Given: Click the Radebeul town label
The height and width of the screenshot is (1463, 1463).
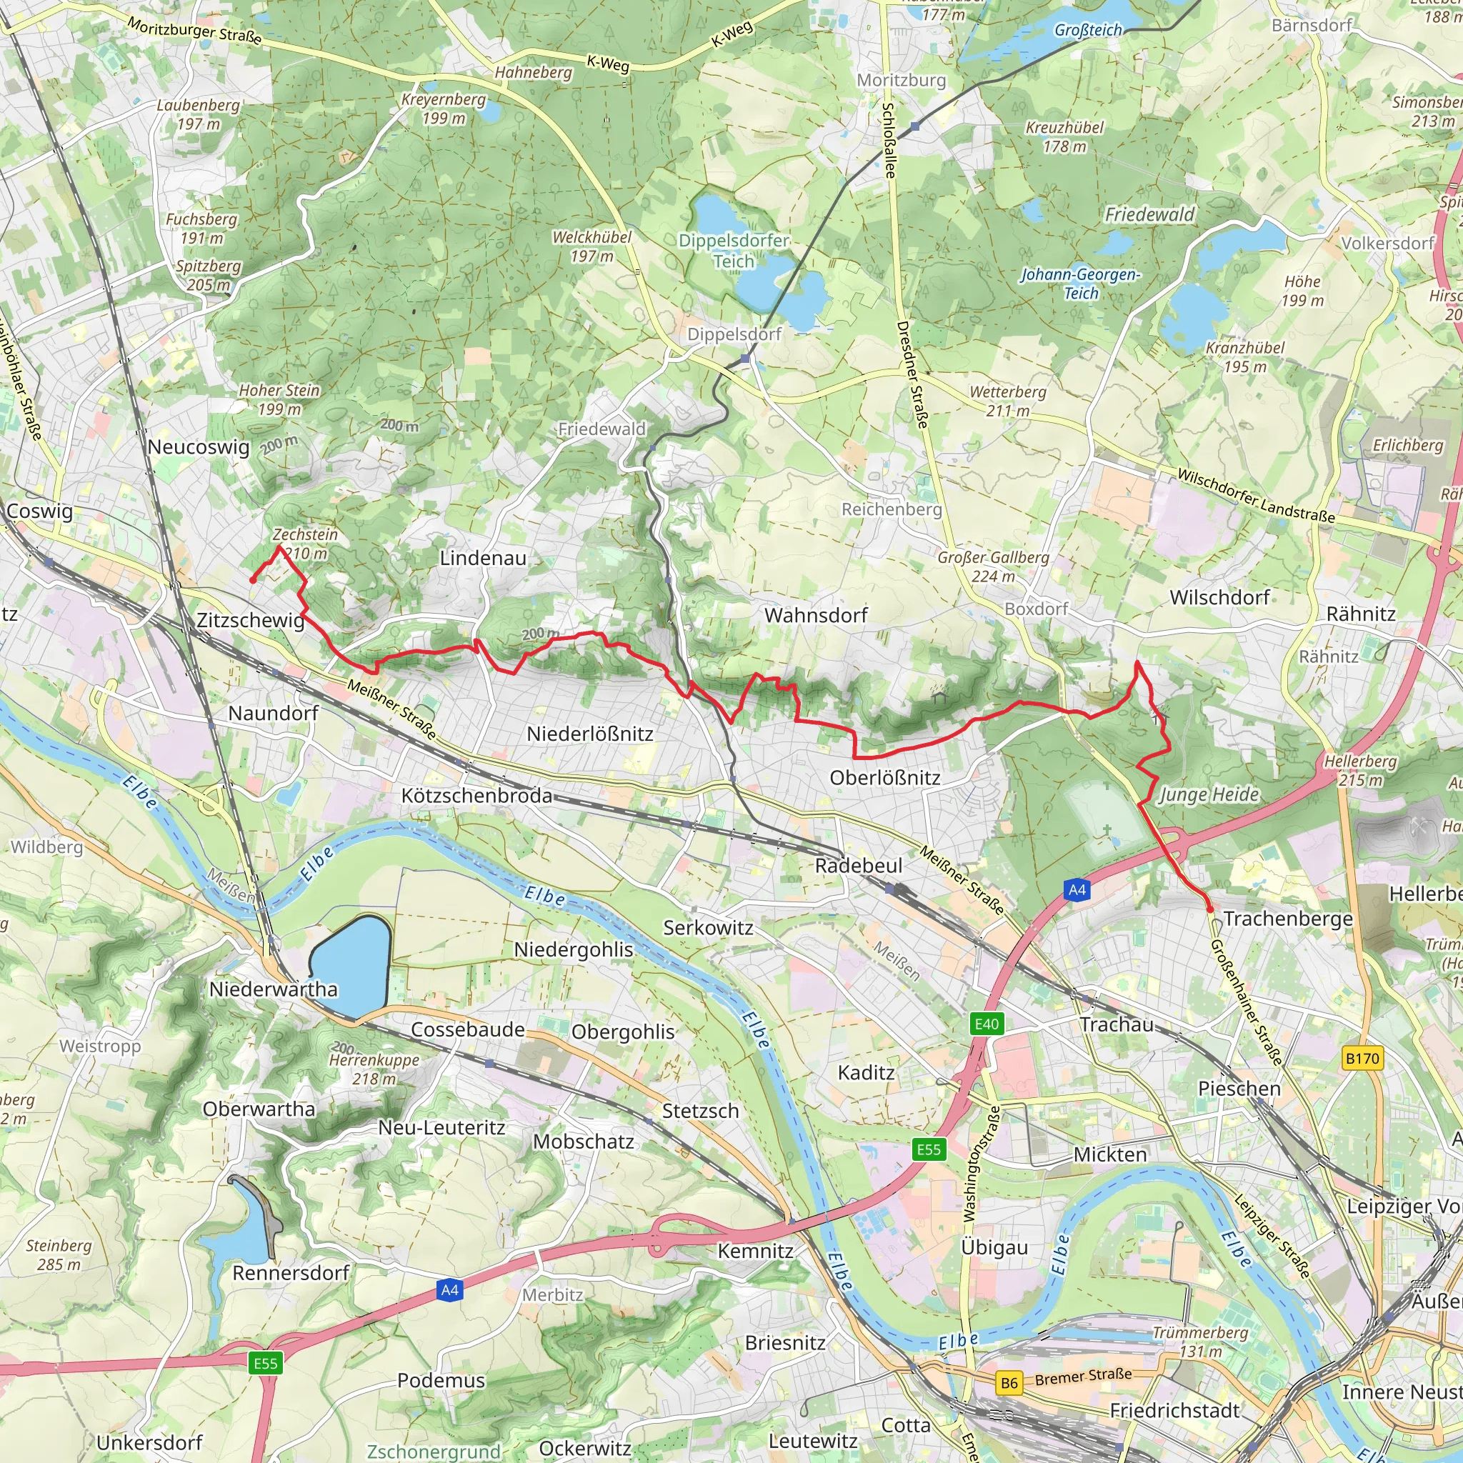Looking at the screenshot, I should (x=858, y=866).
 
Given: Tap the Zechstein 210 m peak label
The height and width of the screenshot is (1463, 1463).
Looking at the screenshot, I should (x=305, y=544).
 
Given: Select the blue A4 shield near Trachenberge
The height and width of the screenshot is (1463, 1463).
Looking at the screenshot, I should (x=1077, y=890).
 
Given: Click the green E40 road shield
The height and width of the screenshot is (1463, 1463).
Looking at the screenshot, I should (x=986, y=1024).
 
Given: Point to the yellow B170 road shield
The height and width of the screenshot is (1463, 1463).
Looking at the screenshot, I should (x=1362, y=1058).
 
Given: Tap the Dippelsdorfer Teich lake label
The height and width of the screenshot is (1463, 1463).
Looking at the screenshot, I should (x=733, y=251).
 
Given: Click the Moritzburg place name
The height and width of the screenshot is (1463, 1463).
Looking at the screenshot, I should (x=901, y=80).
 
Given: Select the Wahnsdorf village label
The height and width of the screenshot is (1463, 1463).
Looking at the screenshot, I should (x=816, y=616).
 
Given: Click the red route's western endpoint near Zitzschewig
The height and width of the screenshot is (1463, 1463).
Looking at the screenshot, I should (x=252, y=581).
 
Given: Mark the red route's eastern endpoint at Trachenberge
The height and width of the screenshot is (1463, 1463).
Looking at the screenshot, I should (x=1210, y=909).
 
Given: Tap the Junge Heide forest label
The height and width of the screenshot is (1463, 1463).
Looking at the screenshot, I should (x=1209, y=794).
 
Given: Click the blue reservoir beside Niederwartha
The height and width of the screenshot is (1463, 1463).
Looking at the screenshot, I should (x=349, y=967).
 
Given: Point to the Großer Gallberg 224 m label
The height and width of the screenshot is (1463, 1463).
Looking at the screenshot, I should (x=993, y=566).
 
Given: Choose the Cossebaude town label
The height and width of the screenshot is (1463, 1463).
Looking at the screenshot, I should (x=467, y=1030).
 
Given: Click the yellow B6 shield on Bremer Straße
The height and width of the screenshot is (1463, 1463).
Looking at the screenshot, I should (x=1009, y=1384).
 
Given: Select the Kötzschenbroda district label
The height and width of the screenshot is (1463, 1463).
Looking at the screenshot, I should (x=476, y=796).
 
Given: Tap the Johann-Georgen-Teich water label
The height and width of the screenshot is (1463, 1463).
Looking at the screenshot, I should (x=1080, y=283).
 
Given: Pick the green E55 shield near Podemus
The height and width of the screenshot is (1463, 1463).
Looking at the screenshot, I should (x=265, y=1364).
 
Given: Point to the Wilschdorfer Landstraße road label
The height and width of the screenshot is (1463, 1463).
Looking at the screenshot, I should (x=1256, y=496).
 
